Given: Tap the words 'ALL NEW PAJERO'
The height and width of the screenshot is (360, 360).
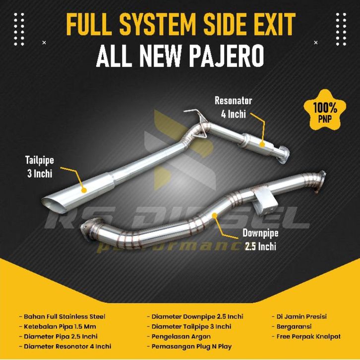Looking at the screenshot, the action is coord(180,57).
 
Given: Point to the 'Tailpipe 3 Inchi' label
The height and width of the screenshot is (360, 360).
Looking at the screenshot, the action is coord(39,166).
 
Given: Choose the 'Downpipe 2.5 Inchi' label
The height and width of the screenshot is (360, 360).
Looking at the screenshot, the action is coord(260,239).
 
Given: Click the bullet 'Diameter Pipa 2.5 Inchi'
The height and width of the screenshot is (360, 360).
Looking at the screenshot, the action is coord(60,336).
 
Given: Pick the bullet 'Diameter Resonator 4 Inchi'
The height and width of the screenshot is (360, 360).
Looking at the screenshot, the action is coord(64,346).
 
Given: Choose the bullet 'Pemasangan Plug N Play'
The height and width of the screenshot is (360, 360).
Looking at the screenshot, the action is coord(189,346).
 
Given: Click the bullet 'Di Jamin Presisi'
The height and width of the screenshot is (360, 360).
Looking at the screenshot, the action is coord(299,316).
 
